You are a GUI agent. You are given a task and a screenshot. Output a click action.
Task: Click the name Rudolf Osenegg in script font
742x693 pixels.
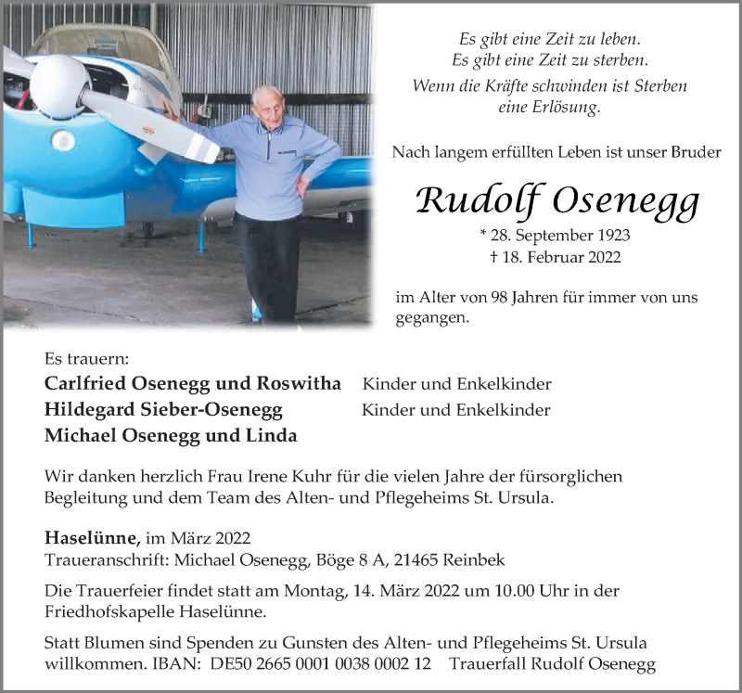tap(556, 199)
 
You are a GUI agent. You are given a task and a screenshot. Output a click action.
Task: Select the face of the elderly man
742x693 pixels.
tap(270, 106)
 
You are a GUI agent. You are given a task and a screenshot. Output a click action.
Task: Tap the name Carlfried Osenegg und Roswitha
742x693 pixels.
tap(193, 384)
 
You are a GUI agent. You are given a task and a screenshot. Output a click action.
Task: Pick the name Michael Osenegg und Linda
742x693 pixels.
tap(171, 436)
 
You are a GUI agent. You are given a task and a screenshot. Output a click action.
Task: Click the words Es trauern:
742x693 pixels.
tap(86, 358)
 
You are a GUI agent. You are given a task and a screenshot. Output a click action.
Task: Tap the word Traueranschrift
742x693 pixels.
tap(103, 560)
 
